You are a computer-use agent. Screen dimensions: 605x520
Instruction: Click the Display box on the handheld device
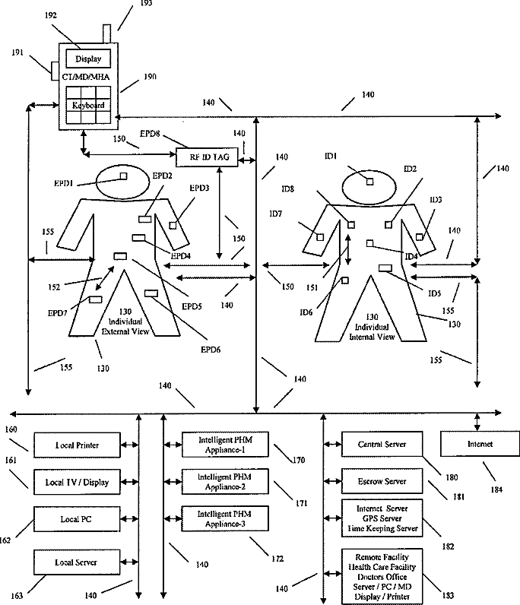(88, 59)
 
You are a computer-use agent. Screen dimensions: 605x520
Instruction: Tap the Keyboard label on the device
(88, 105)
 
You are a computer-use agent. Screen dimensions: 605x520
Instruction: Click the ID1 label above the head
(330, 156)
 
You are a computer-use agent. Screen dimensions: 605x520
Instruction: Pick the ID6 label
(306, 312)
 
